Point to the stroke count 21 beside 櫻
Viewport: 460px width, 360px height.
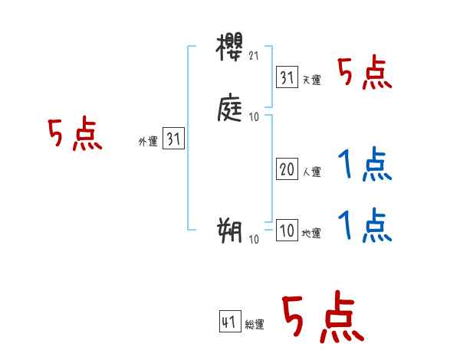click(255, 57)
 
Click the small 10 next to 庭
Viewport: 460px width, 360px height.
click(254, 117)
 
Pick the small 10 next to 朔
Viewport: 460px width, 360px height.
click(254, 239)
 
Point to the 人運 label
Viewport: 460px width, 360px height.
click(311, 172)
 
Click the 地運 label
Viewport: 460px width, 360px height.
click(311, 234)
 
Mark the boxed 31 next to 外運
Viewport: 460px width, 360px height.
click(173, 139)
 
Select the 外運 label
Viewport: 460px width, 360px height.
click(148, 142)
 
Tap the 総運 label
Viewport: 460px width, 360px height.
click(255, 325)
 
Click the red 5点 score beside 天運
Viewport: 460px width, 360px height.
click(365, 74)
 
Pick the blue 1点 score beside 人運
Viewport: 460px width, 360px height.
click(365, 165)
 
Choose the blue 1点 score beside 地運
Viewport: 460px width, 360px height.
click(365, 225)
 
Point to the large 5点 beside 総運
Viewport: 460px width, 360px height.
click(323, 319)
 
